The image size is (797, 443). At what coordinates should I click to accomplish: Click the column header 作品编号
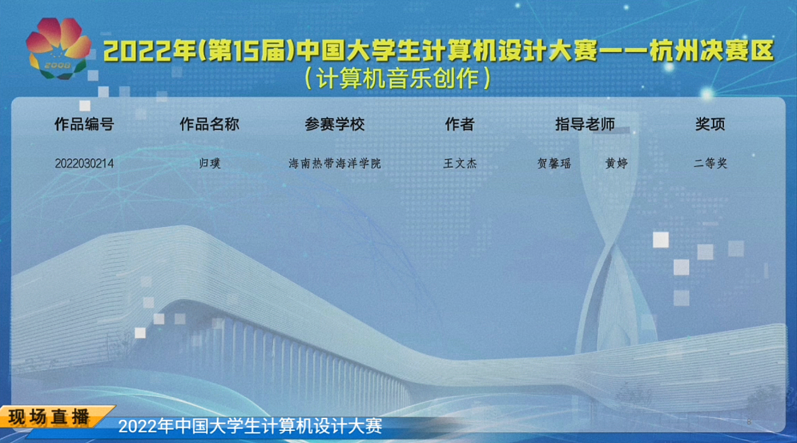click(x=84, y=124)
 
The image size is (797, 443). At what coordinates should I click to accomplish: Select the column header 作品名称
click(x=209, y=124)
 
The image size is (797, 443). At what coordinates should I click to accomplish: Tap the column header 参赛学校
click(x=334, y=124)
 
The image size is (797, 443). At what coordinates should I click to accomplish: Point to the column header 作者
click(x=460, y=124)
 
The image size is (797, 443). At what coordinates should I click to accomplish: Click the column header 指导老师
click(x=585, y=124)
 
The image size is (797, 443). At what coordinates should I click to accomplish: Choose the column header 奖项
click(x=710, y=124)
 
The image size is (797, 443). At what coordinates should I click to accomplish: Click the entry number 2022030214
click(x=84, y=163)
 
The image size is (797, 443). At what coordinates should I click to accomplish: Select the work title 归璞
click(x=209, y=163)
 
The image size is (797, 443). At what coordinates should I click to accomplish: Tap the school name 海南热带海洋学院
click(x=335, y=163)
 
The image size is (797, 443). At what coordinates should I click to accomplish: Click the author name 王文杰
click(x=460, y=163)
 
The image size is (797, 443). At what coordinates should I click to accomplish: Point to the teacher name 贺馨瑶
click(x=554, y=163)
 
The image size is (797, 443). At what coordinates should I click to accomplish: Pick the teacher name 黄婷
click(x=617, y=163)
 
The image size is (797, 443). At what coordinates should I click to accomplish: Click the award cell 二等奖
click(x=710, y=163)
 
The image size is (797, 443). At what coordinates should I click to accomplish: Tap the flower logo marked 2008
click(x=59, y=49)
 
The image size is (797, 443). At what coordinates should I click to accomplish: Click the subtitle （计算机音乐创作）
click(x=398, y=78)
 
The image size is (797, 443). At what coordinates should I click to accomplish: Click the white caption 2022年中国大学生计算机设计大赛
click(x=250, y=426)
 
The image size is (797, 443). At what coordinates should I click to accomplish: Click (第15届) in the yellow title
click(x=247, y=50)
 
